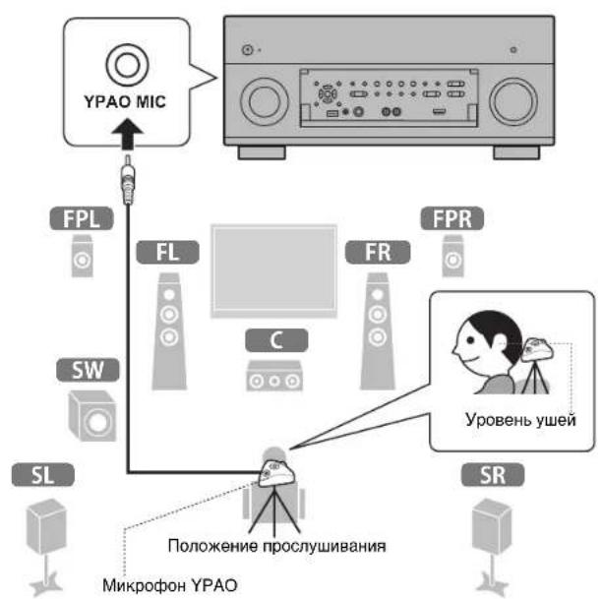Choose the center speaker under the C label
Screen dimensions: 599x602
(x=272, y=376)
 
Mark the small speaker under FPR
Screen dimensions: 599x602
(x=451, y=259)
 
